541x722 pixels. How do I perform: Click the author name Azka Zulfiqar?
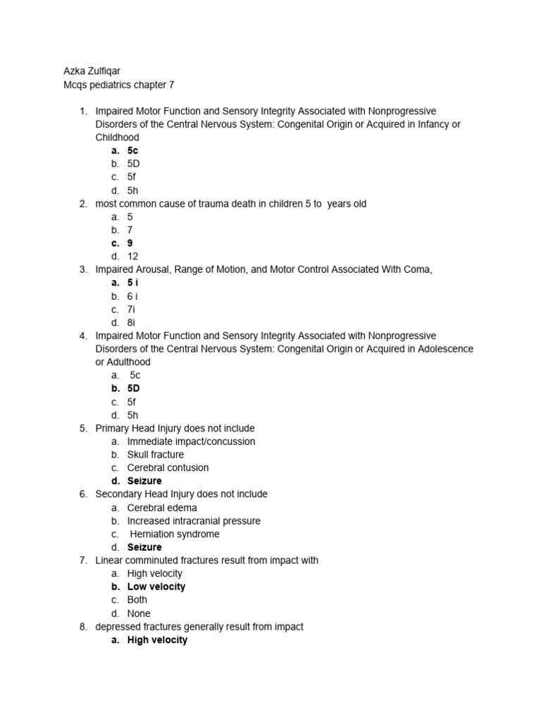point(93,71)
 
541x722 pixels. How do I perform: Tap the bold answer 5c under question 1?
point(132,150)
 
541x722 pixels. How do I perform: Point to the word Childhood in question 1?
point(117,137)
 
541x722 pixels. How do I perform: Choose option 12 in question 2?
point(132,256)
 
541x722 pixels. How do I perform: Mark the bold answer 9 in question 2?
point(130,243)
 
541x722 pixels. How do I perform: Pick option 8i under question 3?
point(131,322)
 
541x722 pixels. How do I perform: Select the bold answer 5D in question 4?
point(134,388)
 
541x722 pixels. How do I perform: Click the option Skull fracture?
point(155,455)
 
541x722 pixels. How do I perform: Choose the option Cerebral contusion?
point(168,467)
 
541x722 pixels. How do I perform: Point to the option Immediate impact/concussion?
point(191,441)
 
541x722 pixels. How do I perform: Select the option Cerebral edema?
point(162,508)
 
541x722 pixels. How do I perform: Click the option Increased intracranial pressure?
point(194,521)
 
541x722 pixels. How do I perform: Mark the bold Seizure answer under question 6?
point(144,547)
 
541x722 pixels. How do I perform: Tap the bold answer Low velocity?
point(156,587)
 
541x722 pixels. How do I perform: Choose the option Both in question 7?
point(137,600)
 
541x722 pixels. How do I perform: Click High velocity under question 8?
point(157,640)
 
